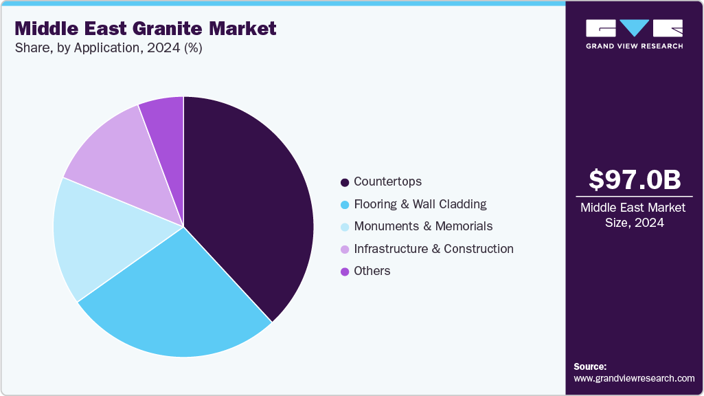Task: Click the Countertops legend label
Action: pos(387,181)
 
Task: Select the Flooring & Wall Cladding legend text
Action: pos(420,204)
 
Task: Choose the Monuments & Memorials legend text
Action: pos(423,226)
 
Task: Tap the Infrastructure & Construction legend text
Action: pos(433,249)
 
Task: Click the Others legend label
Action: pos(372,271)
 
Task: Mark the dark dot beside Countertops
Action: pos(345,182)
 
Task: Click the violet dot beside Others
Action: pos(345,272)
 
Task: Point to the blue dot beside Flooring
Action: pos(345,205)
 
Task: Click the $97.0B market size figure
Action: pos(635,179)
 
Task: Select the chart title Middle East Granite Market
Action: pos(146,28)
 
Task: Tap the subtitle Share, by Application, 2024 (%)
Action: pos(108,48)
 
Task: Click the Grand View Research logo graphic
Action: pos(634,29)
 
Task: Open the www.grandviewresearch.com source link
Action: pos(634,378)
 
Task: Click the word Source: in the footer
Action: pos(590,366)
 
